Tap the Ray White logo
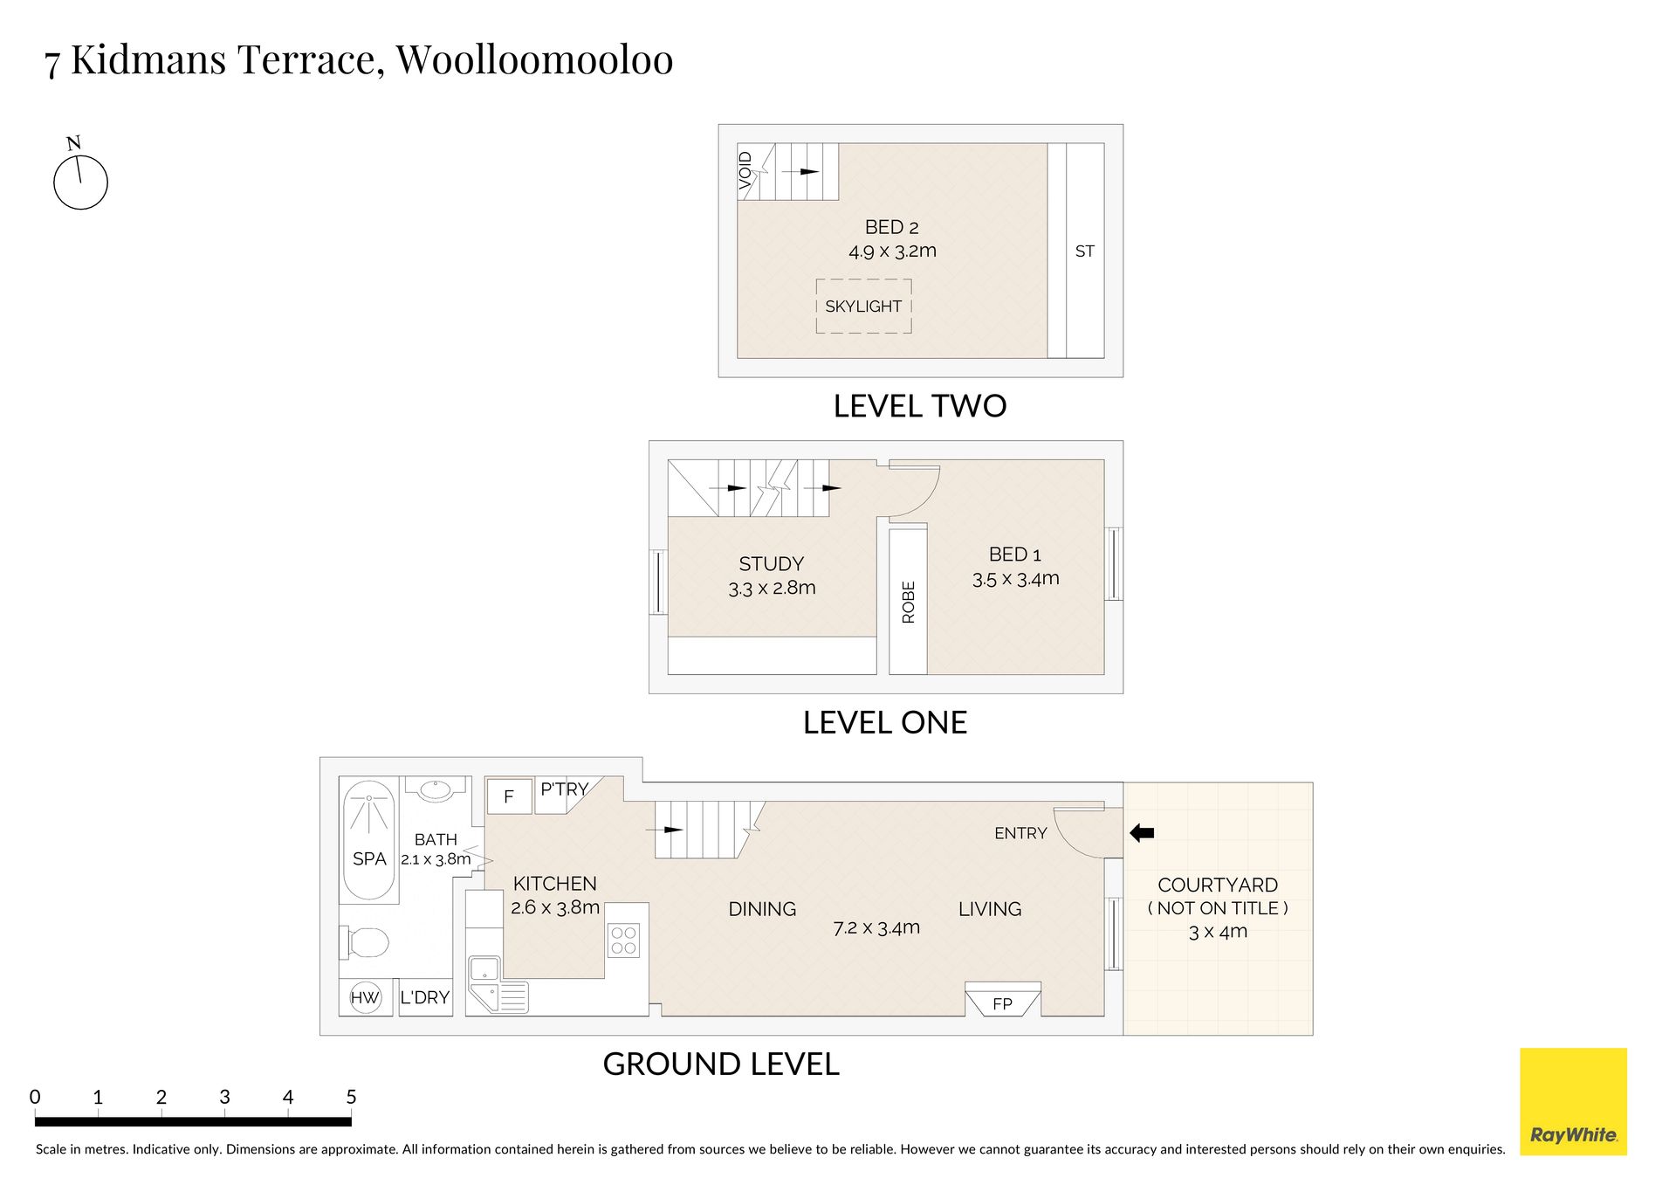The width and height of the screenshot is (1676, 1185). (x=1573, y=1101)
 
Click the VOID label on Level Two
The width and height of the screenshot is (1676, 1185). (x=745, y=170)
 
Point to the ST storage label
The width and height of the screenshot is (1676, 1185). (x=1085, y=251)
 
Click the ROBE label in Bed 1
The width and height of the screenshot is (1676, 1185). (x=909, y=602)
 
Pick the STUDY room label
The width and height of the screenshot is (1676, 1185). (x=772, y=564)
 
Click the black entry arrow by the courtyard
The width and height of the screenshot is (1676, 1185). (x=1142, y=833)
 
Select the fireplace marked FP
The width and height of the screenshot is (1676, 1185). (x=1002, y=1000)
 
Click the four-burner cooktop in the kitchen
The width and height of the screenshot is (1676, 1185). (x=623, y=940)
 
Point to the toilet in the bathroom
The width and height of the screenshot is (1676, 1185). (x=364, y=943)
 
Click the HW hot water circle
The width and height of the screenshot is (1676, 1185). (x=365, y=997)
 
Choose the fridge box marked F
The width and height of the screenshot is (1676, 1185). (x=509, y=796)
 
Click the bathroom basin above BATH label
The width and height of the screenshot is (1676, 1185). (x=435, y=790)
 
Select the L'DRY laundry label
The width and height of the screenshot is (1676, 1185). (x=425, y=997)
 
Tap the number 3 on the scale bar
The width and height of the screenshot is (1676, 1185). (x=224, y=1097)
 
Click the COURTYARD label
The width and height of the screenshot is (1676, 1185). (x=1218, y=885)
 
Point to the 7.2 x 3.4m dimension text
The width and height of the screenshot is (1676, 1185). (x=876, y=927)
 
